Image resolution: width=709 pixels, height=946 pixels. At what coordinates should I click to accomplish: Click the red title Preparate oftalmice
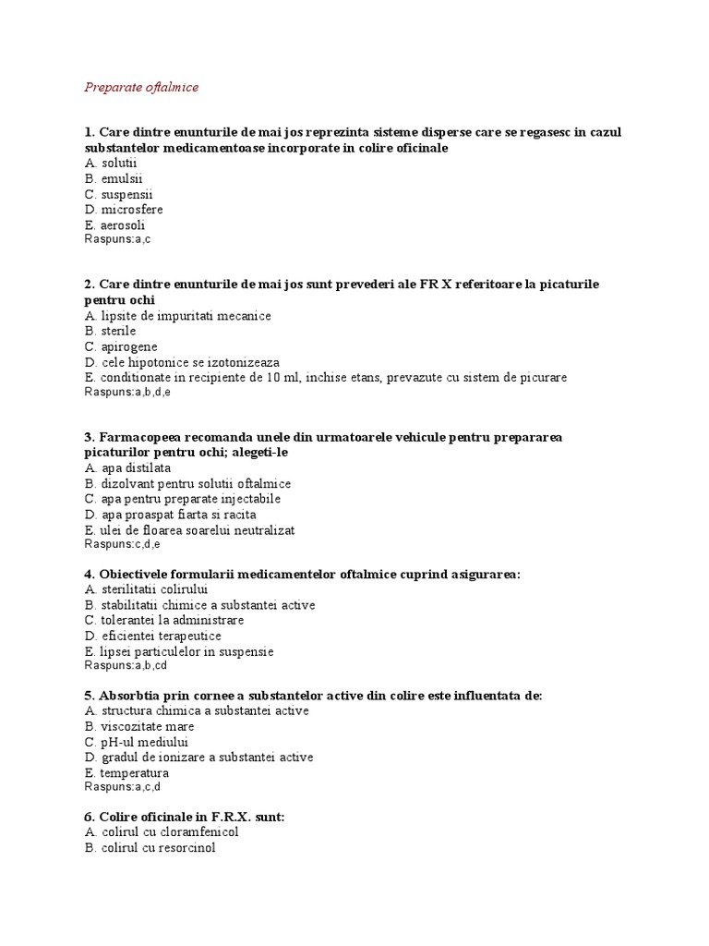141,88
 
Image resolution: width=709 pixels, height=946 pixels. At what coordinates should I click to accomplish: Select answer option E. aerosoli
114,224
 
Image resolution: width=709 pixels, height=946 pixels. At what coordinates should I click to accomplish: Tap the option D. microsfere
123,210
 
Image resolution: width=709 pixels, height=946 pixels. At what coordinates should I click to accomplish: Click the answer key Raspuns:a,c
117,239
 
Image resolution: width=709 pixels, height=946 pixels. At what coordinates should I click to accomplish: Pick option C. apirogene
120,346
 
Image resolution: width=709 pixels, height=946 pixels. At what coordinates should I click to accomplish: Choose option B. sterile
110,331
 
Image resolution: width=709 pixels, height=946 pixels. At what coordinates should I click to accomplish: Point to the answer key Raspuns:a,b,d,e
127,392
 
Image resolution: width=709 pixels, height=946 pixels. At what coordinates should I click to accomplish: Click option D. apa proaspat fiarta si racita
170,514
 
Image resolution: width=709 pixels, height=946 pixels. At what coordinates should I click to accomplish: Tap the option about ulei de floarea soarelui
189,529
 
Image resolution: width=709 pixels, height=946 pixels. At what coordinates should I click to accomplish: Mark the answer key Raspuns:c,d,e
122,544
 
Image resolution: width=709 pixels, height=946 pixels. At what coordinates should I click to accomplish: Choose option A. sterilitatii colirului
146,589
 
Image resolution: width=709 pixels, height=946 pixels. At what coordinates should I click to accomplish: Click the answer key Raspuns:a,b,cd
126,665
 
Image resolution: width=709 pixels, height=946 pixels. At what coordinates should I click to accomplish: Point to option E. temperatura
126,772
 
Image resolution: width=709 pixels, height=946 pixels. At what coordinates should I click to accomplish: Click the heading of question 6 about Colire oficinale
185,817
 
